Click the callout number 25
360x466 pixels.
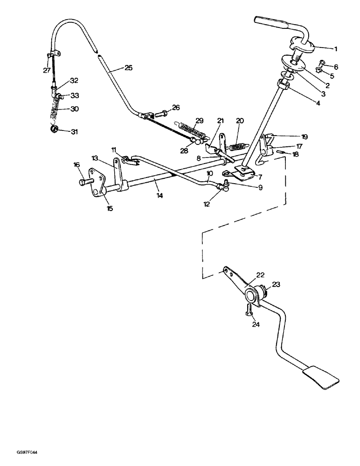pos(128,68)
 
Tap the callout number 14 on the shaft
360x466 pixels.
pos(160,196)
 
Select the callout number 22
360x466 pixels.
pos(260,275)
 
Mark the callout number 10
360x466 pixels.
pos(210,173)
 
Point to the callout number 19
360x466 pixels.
pos(305,137)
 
